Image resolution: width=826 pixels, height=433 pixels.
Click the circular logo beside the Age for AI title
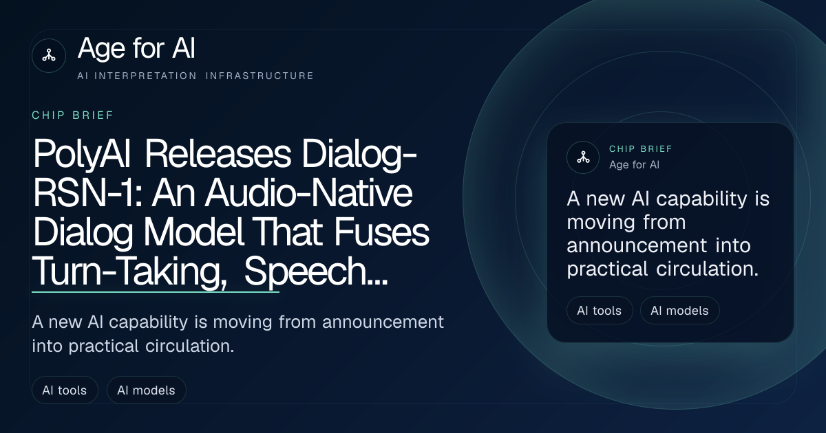(x=49, y=56)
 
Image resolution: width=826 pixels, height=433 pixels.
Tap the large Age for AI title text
(x=136, y=48)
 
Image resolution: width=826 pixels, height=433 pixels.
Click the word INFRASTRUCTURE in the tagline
(x=260, y=76)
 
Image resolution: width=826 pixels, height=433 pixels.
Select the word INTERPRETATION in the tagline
(x=146, y=76)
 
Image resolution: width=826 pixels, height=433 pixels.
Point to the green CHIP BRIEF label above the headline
(x=73, y=115)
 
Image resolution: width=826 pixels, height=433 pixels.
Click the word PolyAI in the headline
(x=81, y=155)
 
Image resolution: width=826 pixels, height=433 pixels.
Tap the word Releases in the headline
(x=218, y=153)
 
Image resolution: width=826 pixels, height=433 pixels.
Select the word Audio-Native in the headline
(x=308, y=193)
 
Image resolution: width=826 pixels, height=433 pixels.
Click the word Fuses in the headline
(x=381, y=232)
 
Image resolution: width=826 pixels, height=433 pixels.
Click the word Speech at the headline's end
(x=305, y=272)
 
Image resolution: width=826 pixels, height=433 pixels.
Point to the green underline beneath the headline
(x=156, y=292)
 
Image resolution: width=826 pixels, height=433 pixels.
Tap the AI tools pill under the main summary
(x=65, y=390)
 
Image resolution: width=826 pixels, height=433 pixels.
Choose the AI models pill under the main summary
(x=147, y=390)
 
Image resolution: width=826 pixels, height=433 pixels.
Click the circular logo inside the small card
(x=583, y=157)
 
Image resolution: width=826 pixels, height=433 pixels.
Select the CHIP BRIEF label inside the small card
(x=641, y=148)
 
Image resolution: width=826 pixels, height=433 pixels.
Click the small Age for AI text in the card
(x=634, y=164)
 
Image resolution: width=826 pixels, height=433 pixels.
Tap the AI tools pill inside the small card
(x=600, y=311)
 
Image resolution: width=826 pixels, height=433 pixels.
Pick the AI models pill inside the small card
(x=679, y=311)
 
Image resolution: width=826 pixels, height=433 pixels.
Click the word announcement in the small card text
(x=637, y=245)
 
